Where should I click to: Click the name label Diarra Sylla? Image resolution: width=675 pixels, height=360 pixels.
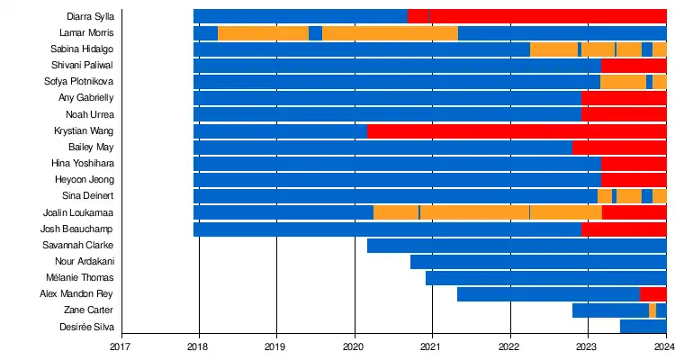coord(90,16)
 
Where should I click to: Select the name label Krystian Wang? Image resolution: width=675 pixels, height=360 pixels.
coord(85,130)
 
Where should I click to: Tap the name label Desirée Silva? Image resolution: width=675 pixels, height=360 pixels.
coord(86,327)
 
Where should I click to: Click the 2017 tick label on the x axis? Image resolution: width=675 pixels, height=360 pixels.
coord(121,344)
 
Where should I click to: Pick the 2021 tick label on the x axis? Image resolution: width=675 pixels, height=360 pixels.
coord(432,344)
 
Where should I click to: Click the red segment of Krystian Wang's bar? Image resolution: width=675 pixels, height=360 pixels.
coord(517,131)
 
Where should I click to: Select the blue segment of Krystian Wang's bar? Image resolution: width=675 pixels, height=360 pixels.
coord(280,131)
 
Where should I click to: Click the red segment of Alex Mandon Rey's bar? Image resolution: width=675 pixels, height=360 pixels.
coord(652,294)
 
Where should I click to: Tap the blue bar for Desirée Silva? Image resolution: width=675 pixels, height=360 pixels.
coord(643,327)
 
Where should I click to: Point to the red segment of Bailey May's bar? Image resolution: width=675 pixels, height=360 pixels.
coord(619,148)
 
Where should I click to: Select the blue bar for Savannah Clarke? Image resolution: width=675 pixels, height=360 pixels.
coord(517,246)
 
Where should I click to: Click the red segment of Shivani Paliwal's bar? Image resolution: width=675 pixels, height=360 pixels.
coord(634,66)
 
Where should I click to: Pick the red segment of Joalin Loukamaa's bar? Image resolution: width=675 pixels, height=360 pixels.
coord(634,212)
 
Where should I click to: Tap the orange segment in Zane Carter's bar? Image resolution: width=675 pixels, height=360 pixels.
coord(652,310)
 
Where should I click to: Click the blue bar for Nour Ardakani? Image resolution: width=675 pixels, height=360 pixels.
coord(538,262)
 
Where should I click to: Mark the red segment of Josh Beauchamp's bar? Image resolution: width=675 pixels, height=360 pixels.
coord(624,229)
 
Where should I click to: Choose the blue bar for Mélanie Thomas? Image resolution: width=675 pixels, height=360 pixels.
coord(545,278)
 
